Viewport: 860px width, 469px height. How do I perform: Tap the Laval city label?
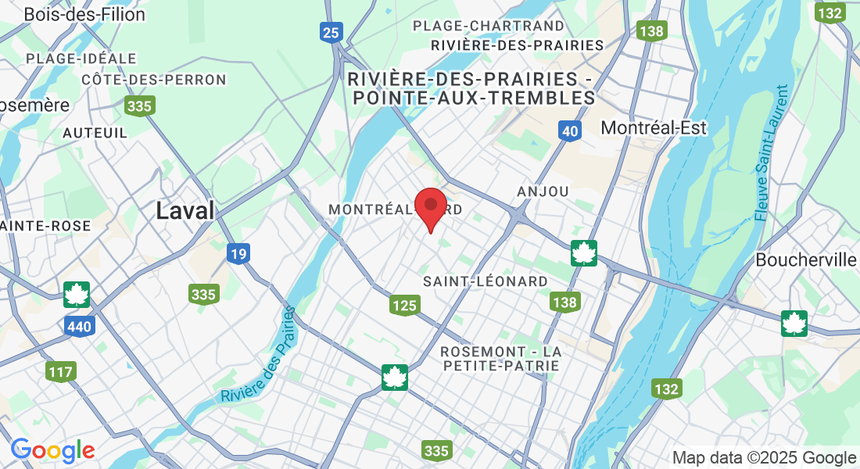point(185,210)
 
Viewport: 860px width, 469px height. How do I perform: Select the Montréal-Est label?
point(653,127)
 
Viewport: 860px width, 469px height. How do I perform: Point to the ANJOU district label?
point(543,192)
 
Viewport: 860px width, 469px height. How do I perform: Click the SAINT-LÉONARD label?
point(485,281)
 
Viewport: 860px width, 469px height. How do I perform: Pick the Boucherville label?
point(805,260)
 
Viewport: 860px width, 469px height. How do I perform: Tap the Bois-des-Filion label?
point(84,14)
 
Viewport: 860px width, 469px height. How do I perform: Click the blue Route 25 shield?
point(331,31)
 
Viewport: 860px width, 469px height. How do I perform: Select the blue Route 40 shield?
point(570,131)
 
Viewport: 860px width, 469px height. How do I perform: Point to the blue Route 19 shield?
point(238,253)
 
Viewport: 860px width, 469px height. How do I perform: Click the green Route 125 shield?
point(404,305)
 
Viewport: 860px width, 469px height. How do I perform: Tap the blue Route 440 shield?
point(80,327)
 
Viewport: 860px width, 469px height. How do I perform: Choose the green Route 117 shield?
point(59,371)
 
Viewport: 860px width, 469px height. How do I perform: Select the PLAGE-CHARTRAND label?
point(488,26)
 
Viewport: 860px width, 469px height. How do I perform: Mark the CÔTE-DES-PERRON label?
point(154,80)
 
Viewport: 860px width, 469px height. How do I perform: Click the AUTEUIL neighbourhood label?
point(95,133)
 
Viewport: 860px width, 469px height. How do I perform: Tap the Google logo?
point(52,450)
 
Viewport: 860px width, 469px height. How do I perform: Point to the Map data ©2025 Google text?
point(764,458)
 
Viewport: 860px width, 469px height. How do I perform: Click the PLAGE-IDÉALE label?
point(81,59)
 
